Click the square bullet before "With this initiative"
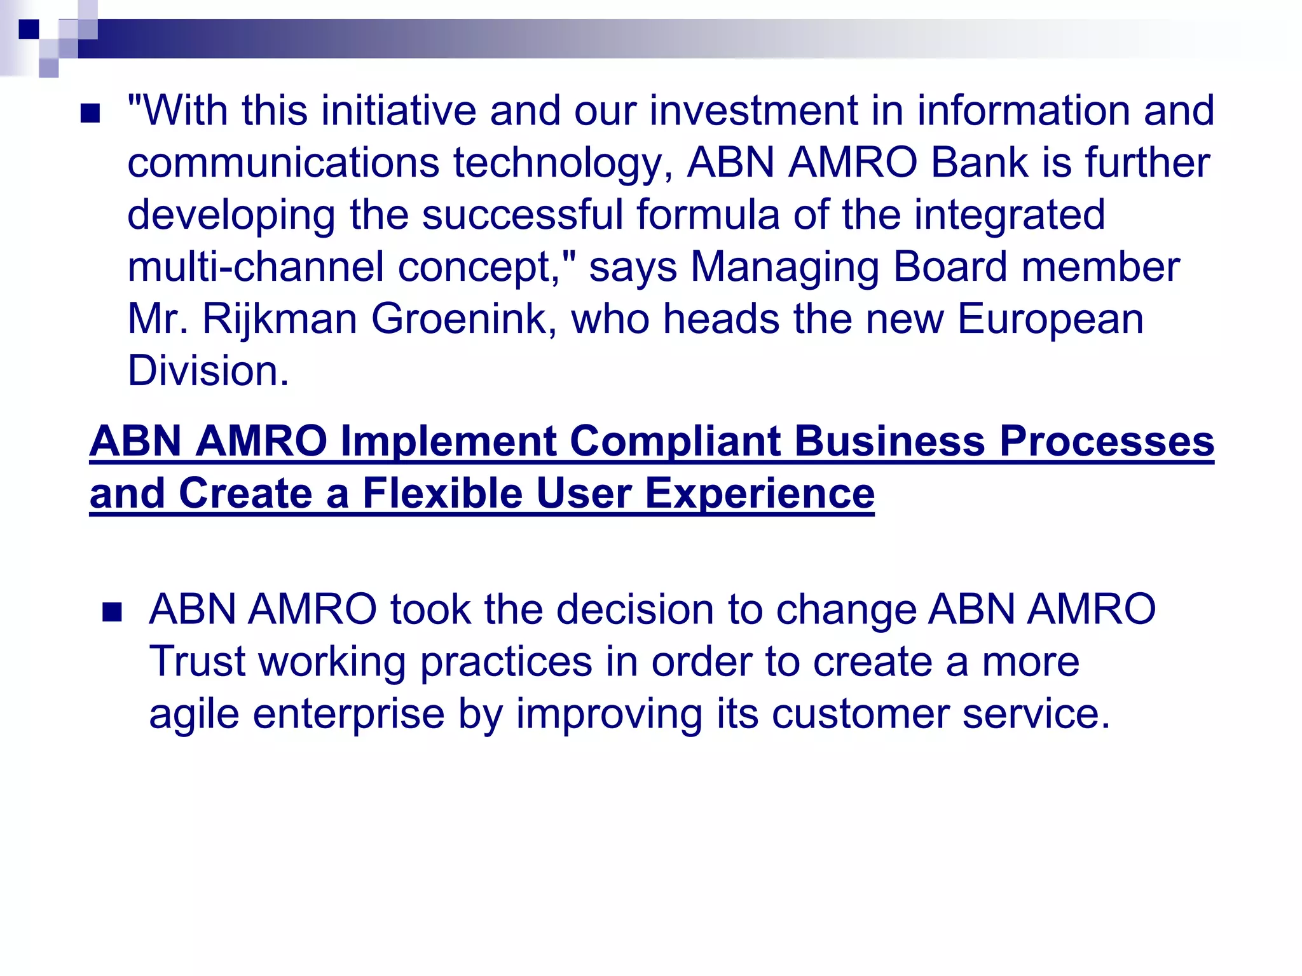coord(91,114)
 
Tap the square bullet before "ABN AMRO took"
coord(112,613)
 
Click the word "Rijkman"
coord(279,319)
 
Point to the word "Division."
coord(209,371)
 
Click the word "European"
coord(1050,319)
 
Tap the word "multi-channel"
coord(256,267)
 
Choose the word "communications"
coord(284,163)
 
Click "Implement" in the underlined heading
coord(448,442)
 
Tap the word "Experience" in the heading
coord(760,494)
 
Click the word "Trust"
coord(197,662)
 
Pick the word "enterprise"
coord(348,714)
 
